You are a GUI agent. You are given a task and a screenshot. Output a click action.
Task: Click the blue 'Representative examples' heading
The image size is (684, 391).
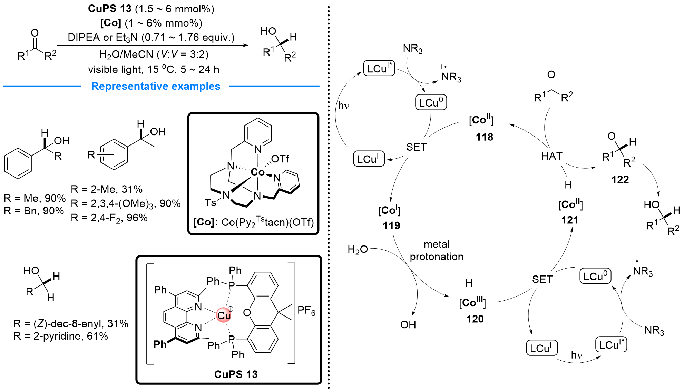point(156,86)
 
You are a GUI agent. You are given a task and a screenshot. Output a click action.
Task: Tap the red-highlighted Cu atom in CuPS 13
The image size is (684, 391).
point(224,315)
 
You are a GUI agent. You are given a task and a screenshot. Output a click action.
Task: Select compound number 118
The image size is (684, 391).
point(484,137)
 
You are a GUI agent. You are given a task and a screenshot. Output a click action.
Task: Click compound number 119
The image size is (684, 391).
point(391,225)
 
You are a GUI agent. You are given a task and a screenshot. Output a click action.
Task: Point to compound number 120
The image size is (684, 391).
point(475,319)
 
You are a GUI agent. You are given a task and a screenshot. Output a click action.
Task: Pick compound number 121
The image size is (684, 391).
point(569,220)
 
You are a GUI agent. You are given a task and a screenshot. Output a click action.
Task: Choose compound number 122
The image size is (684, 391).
point(620,180)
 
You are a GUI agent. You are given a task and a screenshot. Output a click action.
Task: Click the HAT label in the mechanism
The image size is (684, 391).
point(552,157)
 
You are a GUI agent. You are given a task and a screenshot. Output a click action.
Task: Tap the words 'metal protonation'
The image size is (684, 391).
point(437,251)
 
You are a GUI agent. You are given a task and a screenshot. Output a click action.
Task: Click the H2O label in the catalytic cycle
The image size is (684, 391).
point(358,250)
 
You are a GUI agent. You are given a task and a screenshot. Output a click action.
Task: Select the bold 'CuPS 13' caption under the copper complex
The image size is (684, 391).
point(236,374)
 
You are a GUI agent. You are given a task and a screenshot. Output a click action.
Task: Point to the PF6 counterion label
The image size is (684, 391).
point(306,310)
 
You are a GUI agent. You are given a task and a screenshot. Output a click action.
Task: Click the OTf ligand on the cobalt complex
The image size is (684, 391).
point(280,159)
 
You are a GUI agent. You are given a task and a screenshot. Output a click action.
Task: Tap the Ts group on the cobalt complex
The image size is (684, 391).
point(210,202)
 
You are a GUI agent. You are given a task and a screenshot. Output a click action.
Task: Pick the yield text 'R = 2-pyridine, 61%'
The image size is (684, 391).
point(61,336)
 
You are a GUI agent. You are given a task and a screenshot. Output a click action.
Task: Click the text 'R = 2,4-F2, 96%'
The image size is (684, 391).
point(109,218)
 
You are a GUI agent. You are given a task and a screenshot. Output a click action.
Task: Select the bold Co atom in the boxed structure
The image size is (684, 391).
point(257,172)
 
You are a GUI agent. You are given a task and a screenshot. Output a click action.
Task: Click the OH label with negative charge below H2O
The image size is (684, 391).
point(408,324)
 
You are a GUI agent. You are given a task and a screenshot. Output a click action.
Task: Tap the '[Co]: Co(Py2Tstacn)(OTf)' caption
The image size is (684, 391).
point(254,222)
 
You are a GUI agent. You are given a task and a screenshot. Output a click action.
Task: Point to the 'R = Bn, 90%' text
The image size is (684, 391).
point(34,211)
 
